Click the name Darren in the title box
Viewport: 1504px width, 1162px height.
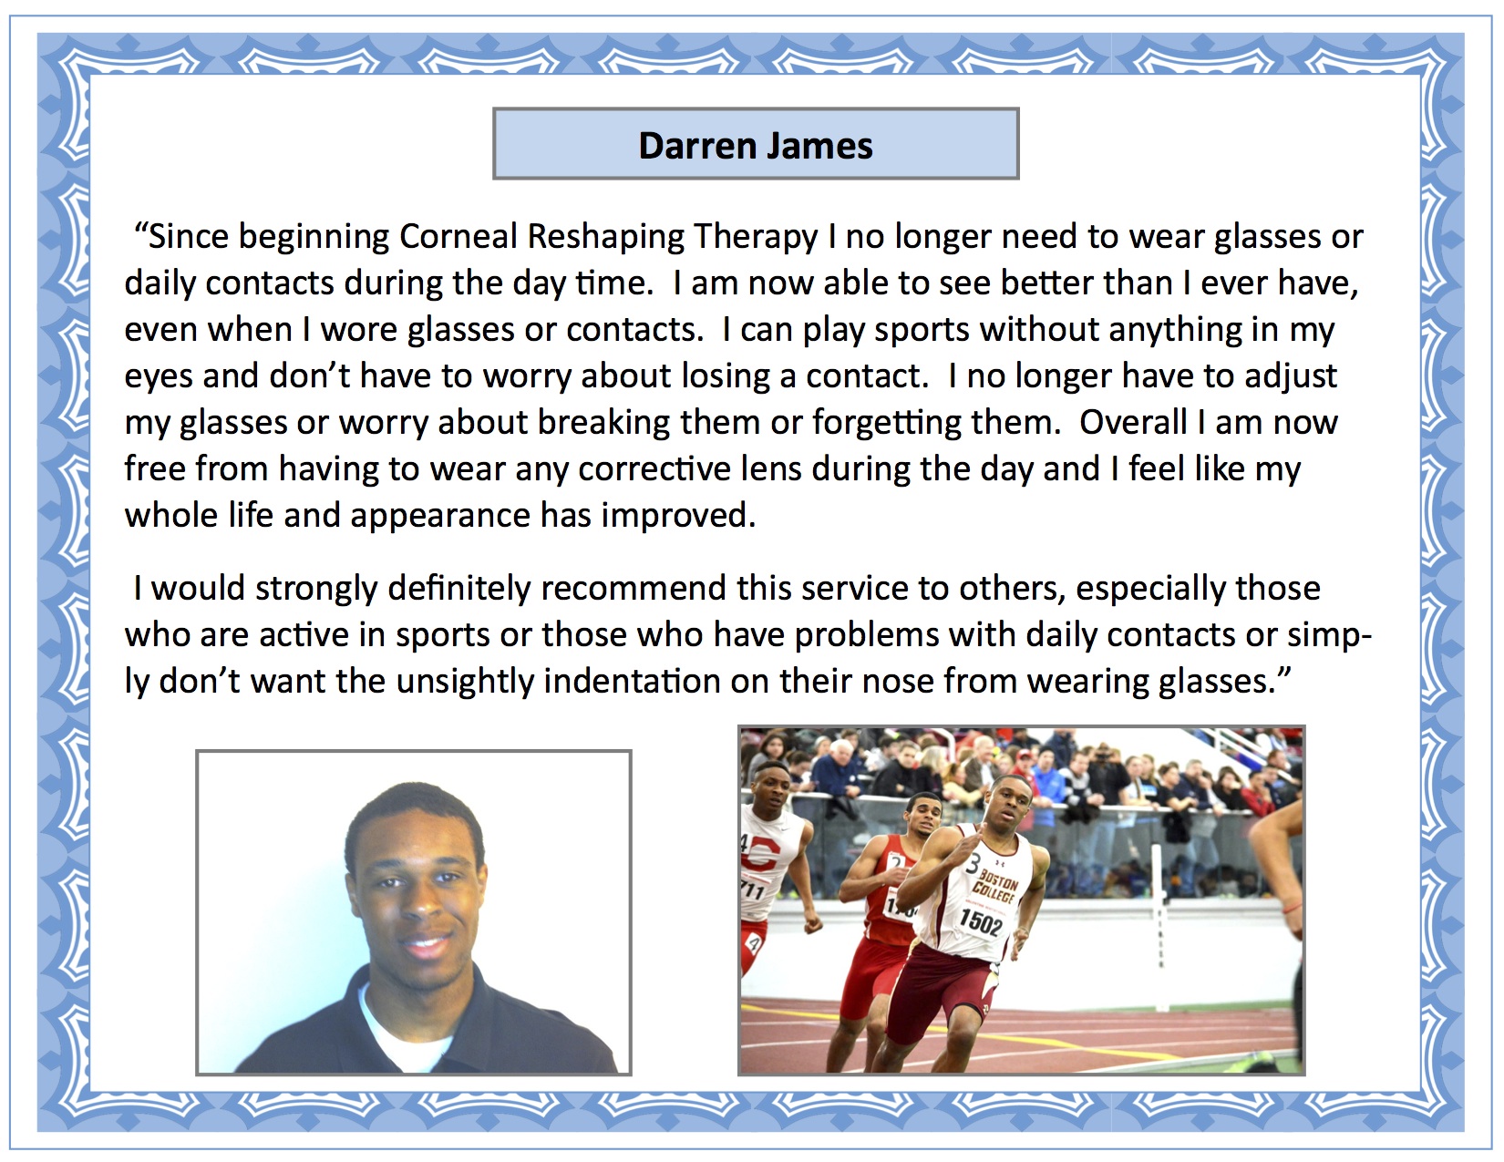pyautogui.click(x=697, y=145)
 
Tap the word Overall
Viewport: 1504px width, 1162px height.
pyautogui.click(x=1133, y=422)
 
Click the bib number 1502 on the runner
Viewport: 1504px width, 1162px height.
pyautogui.click(x=981, y=921)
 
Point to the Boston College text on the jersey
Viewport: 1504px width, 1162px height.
pyautogui.click(x=996, y=888)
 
